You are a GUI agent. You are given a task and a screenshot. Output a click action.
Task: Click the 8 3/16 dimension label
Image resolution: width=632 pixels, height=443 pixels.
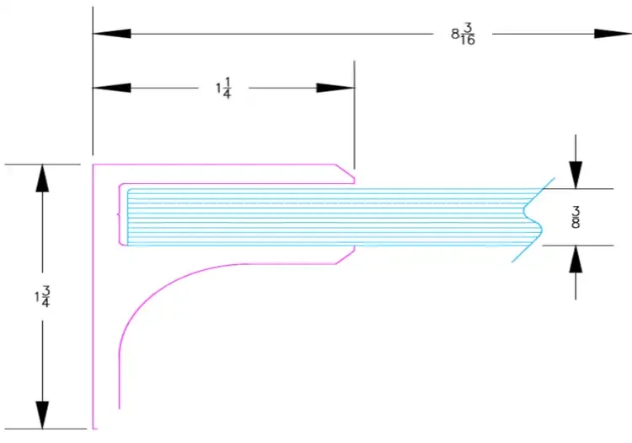pyautogui.click(x=463, y=35)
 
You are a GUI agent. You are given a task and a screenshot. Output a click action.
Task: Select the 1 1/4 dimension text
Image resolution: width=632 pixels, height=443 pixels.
pyautogui.click(x=222, y=88)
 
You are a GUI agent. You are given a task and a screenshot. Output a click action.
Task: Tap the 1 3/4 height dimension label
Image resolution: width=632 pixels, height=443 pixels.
pyautogui.click(x=41, y=297)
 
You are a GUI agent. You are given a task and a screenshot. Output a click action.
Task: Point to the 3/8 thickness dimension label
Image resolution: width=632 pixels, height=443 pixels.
pyautogui.click(x=576, y=217)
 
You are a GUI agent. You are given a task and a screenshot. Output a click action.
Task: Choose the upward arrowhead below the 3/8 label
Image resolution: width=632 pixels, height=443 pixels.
pyautogui.click(x=575, y=263)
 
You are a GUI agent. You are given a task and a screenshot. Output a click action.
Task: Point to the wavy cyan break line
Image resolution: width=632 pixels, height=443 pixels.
pyautogui.click(x=533, y=218)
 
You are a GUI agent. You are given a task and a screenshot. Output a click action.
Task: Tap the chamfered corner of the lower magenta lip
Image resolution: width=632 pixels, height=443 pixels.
pyautogui.click(x=345, y=257)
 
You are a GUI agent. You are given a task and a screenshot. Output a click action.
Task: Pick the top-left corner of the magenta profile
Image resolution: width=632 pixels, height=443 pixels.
pyautogui.click(x=94, y=165)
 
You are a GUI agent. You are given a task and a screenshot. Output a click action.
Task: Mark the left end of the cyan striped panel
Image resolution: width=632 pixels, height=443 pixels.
pyautogui.click(x=127, y=218)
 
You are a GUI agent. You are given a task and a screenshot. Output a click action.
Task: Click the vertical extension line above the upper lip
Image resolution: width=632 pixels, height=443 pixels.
pyautogui.click(x=354, y=118)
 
